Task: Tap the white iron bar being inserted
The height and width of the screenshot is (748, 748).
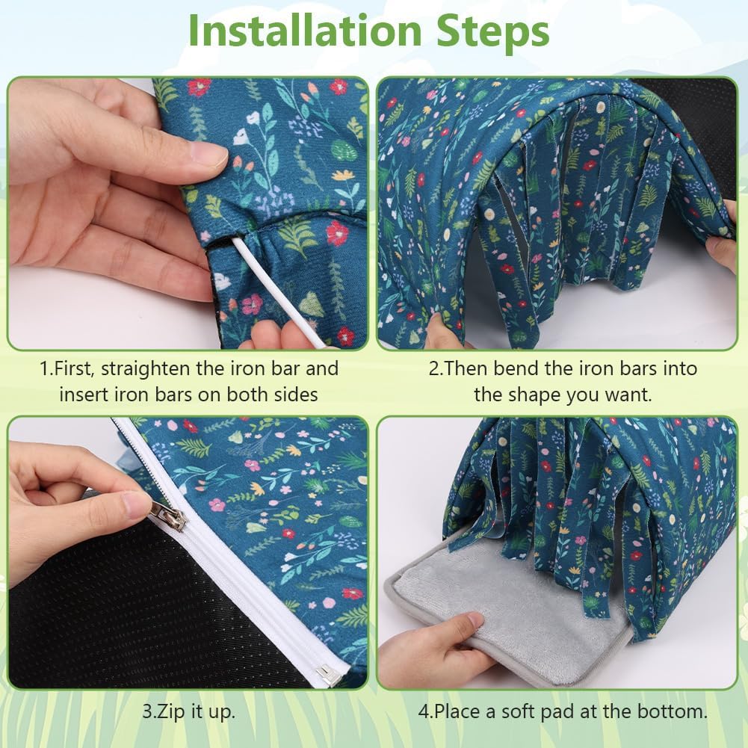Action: point(278,291)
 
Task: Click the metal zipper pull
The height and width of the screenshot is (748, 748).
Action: point(167,516)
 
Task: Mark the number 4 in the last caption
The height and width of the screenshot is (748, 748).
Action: point(424,711)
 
